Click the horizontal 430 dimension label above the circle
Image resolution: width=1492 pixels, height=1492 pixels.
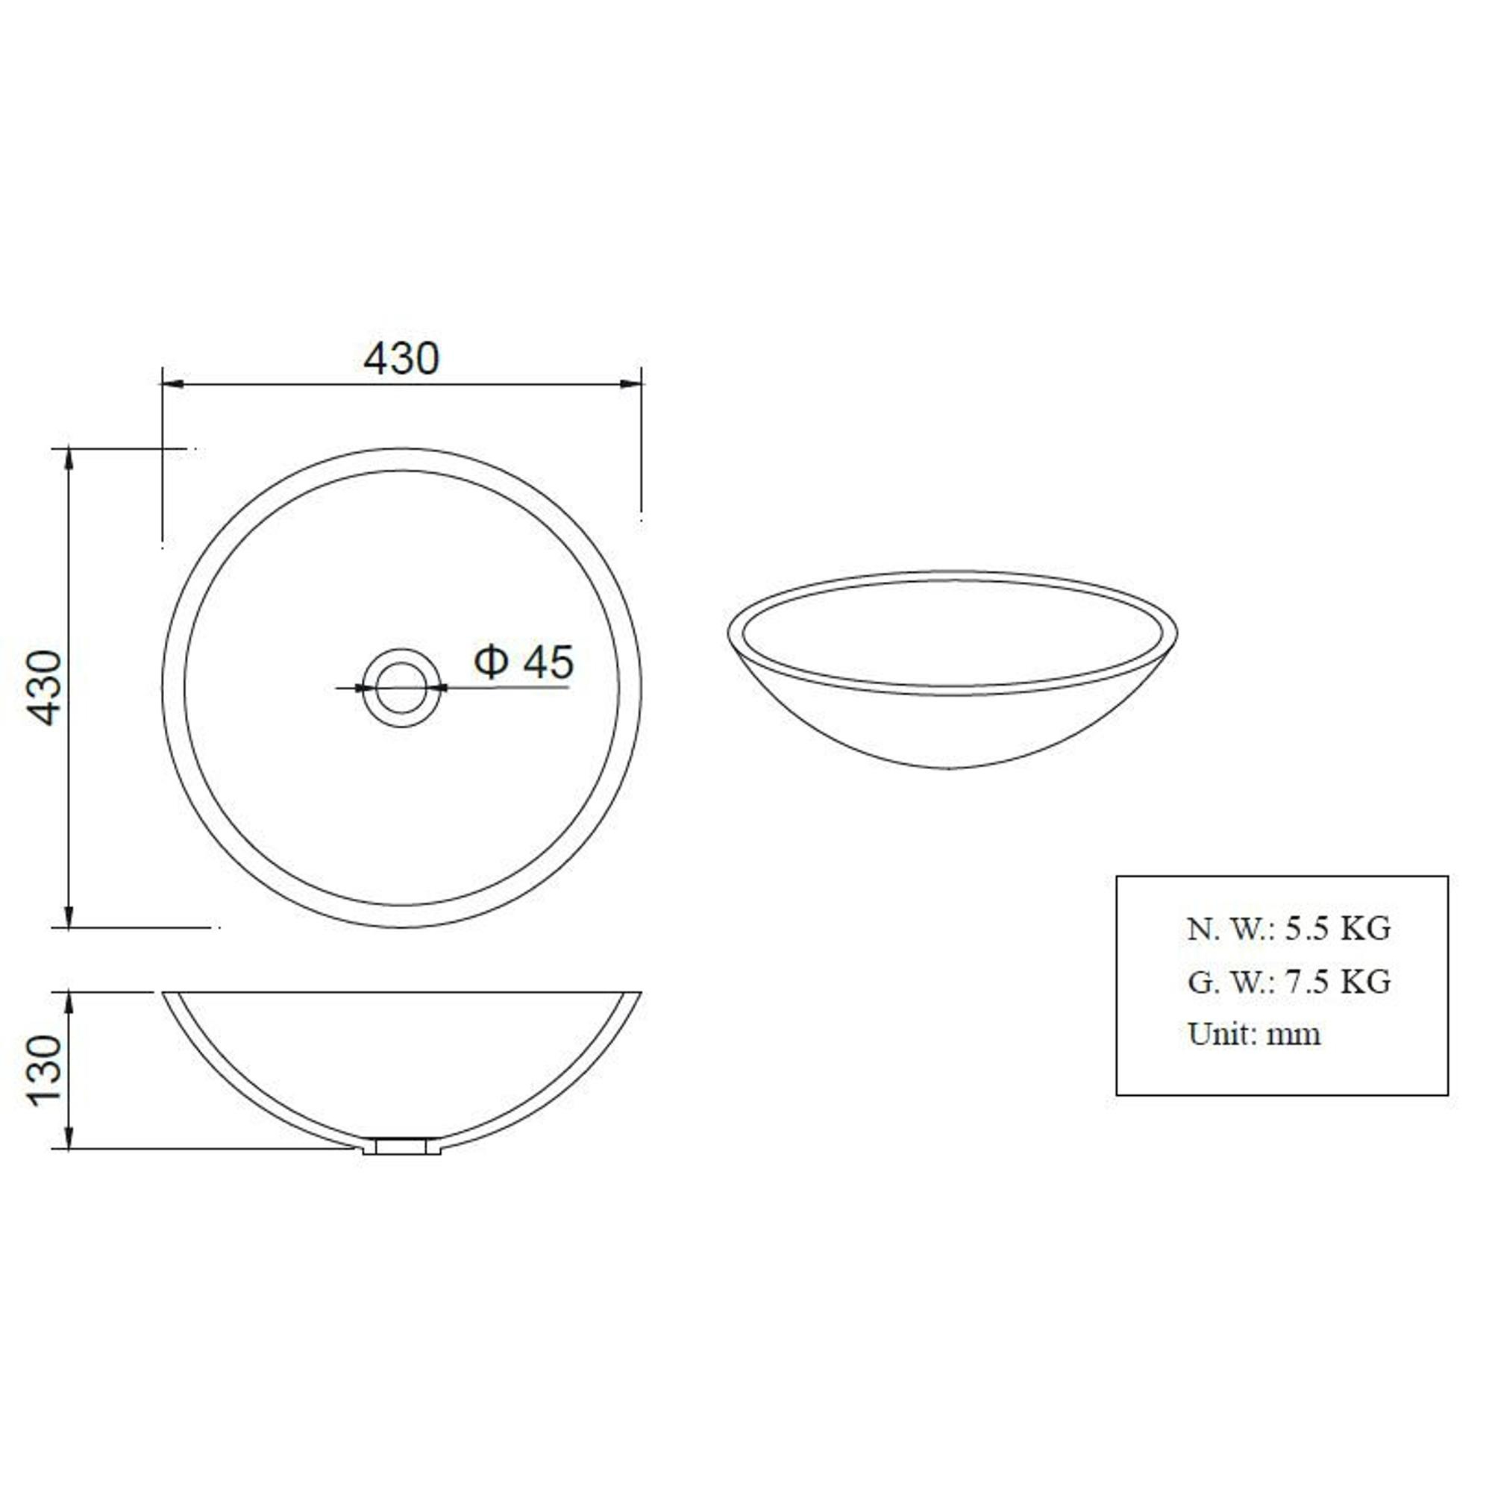tap(401, 358)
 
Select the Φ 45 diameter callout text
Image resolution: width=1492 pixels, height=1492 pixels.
tap(524, 662)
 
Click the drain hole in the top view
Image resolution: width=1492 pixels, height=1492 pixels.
tap(401, 687)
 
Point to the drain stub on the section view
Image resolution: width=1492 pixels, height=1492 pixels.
tap(401, 1146)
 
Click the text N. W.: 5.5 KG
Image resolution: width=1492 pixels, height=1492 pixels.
tap(1290, 929)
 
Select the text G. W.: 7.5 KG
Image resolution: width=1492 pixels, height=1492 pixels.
tap(1290, 982)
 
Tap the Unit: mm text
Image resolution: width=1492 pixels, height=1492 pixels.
tap(1254, 1034)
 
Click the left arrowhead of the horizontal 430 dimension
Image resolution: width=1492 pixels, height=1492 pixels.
tap(172, 383)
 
